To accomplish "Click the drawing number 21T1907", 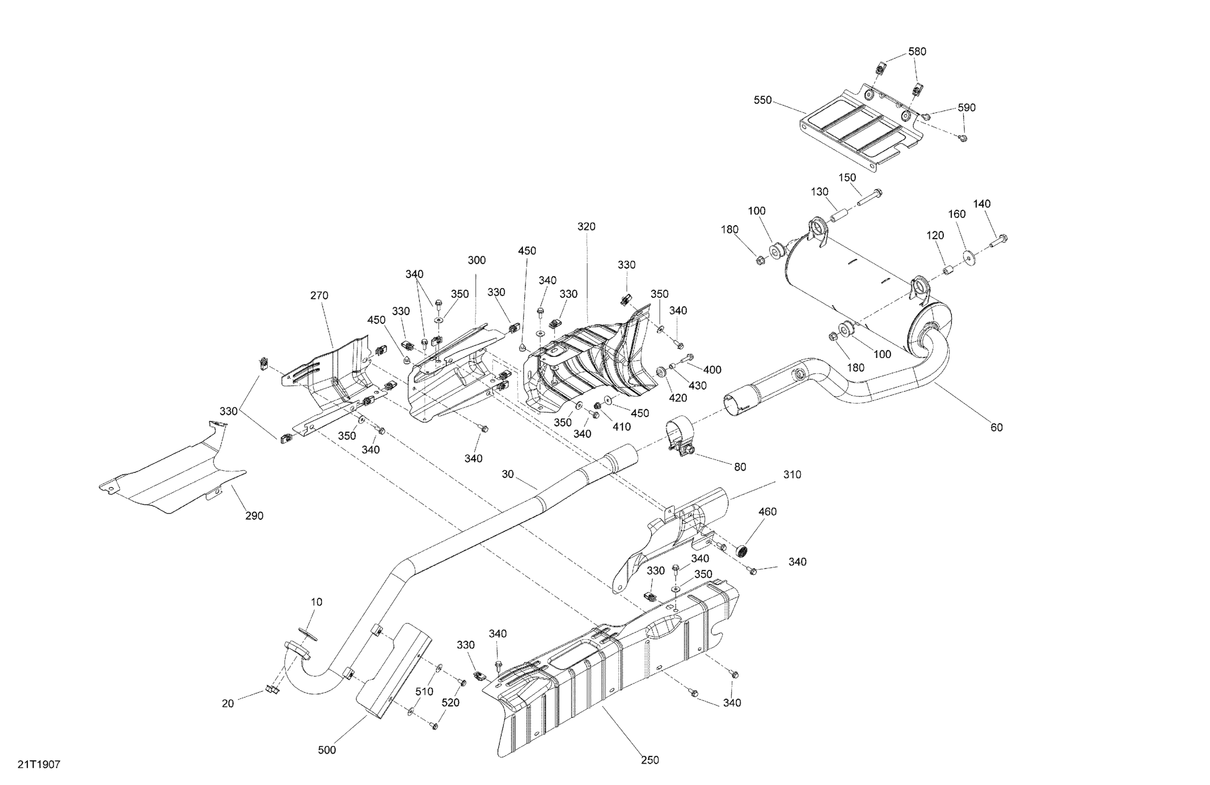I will click(39, 764).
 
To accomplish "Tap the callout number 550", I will click(763, 100).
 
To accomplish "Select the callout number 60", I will click(996, 427).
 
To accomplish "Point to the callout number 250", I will click(650, 760).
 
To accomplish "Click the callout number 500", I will click(327, 750).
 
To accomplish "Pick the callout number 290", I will click(254, 516).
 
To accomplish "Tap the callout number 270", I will click(319, 295).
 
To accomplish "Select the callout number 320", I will click(586, 226).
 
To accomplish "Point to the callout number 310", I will click(792, 475).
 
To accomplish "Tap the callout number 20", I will click(228, 704).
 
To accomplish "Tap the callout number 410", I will click(621, 427).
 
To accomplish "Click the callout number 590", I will click(966, 107).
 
